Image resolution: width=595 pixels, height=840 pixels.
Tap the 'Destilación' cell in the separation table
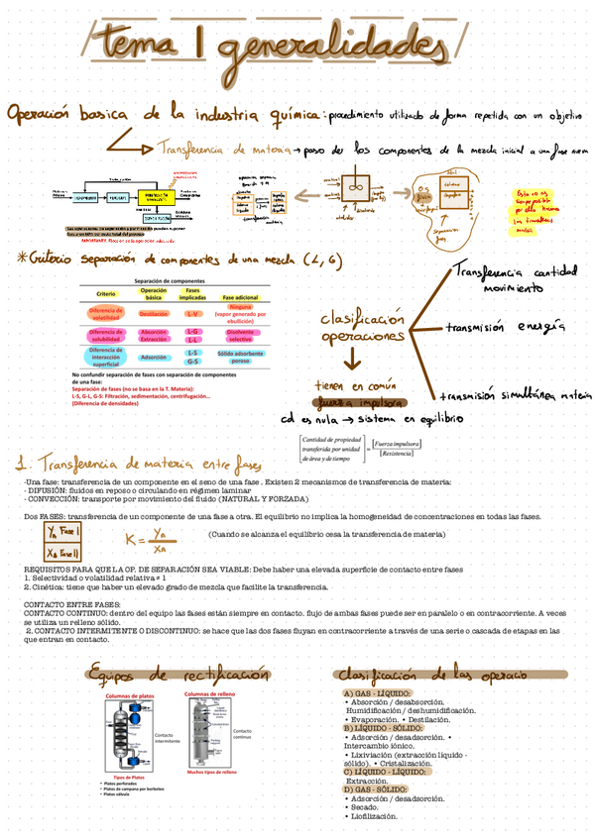(x=154, y=313)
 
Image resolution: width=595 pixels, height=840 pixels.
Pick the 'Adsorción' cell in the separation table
(x=154, y=357)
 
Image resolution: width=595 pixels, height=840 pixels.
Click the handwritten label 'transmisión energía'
(x=506, y=326)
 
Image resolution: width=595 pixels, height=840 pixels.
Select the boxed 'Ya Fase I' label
(x=64, y=532)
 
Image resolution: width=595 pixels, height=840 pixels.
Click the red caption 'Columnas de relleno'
(x=210, y=694)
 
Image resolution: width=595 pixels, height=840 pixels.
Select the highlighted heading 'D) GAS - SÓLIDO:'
(x=375, y=788)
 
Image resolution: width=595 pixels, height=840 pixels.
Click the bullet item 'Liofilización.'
(x=372, y=816)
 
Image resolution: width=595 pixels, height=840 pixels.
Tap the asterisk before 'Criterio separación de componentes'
(x=24, y=259)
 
